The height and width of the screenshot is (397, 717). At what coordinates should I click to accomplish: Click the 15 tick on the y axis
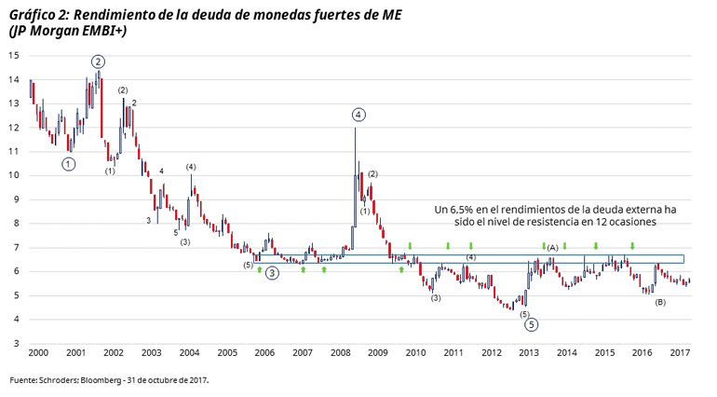pos(14,55)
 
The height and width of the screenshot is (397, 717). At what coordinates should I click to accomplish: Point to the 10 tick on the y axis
pos(14,175)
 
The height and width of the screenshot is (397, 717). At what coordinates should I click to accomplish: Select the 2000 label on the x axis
pos(37,354)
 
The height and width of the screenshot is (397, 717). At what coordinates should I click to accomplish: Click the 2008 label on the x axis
pos(340,354)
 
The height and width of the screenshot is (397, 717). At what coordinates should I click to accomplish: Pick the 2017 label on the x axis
pos(680,354)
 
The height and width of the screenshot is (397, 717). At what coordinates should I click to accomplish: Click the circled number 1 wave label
pos(69,164)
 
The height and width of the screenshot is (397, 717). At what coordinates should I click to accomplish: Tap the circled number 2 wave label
pos(98,62)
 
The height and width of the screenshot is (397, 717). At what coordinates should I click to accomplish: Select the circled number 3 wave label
pos(271,273)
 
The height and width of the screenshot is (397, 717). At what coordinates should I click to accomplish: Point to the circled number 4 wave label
pos(358,115)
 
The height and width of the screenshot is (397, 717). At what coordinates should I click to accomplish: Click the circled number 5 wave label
pos(531,325)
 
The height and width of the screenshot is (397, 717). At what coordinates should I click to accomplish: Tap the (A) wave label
pos(552,248)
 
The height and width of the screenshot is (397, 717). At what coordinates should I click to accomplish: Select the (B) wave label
pos(660,302)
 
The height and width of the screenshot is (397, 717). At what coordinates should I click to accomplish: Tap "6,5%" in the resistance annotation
pos(464,211)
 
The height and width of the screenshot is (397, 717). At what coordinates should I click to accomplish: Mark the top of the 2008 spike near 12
pos(355,129)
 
